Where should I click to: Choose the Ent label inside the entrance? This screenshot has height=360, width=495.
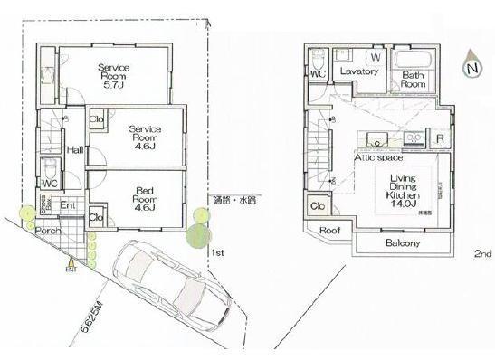(67, 205)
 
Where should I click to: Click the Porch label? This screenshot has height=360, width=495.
(47, 231)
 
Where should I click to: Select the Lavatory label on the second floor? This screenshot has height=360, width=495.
(358, 71)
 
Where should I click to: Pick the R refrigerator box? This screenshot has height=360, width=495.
(439, 139)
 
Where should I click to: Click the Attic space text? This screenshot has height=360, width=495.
(377, 157)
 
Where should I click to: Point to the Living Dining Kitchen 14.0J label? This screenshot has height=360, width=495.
(402, 192)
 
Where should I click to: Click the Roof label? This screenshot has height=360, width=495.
(329, 231)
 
